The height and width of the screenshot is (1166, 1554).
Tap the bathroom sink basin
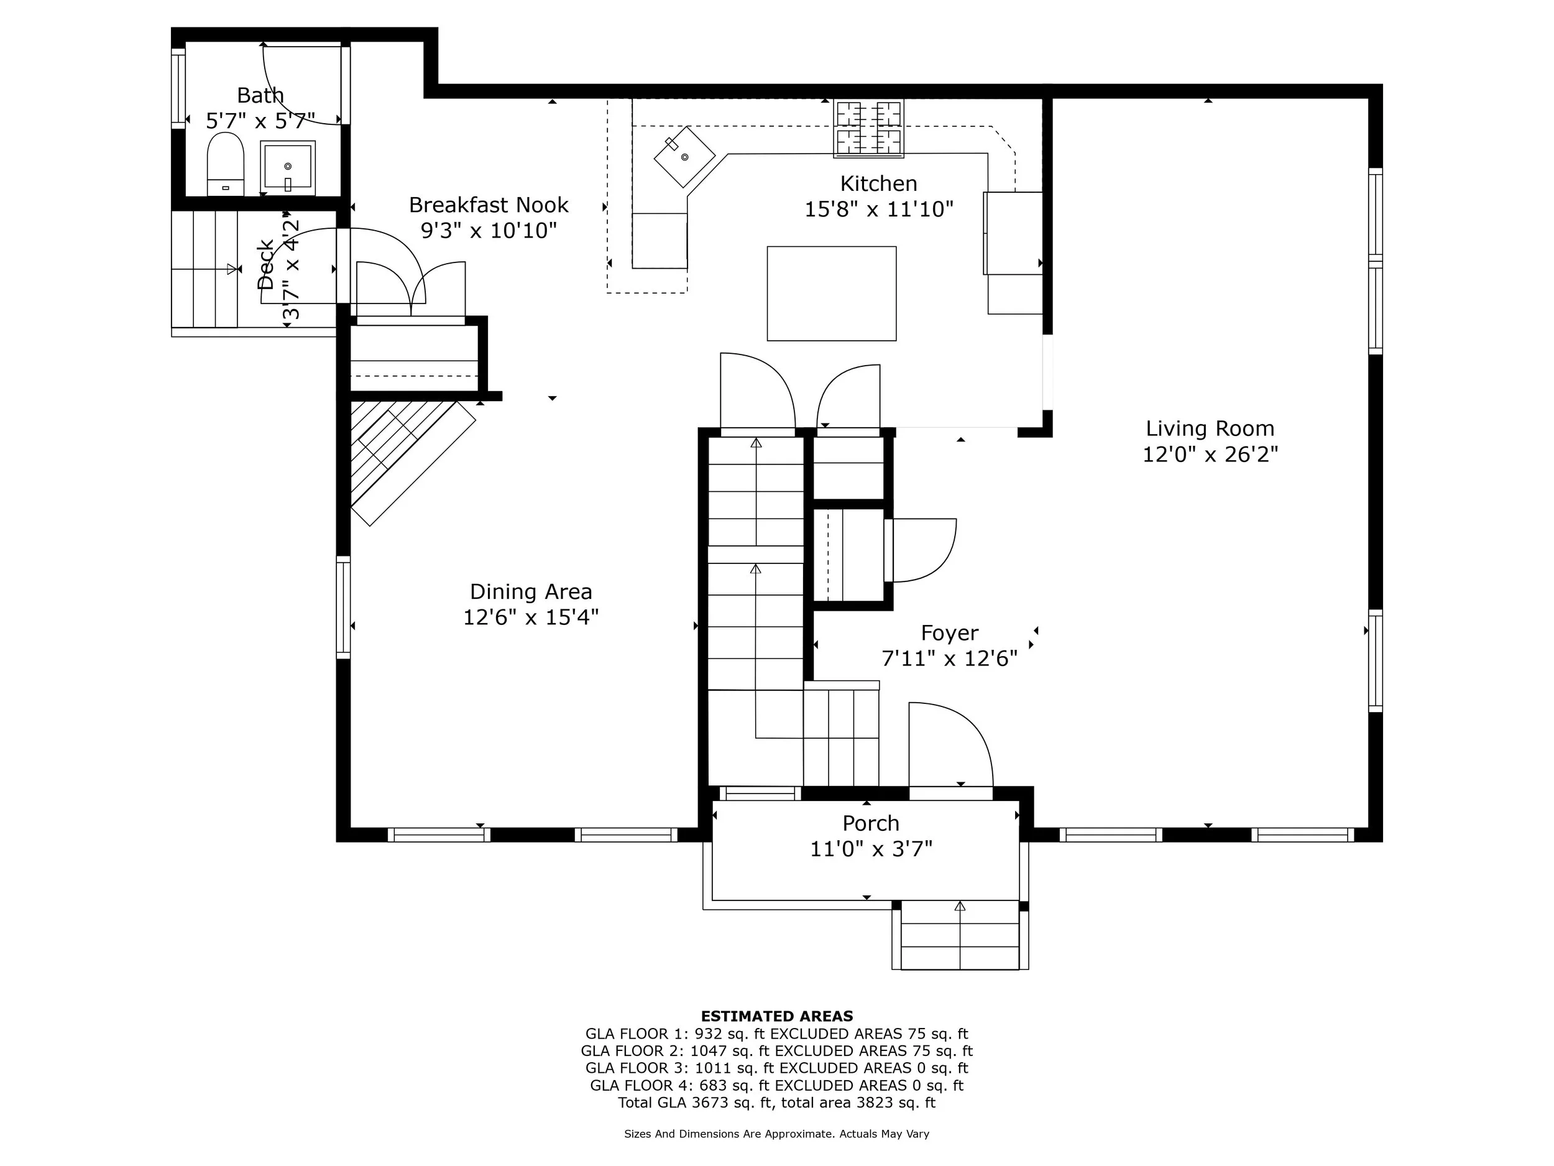click(x=287, y=167)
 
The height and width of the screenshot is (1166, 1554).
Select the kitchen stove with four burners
click(x=868, y=128)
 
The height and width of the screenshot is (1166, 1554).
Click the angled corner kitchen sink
click(x=684, y=156)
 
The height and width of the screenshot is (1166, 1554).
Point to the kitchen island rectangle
click(x=831, y=293)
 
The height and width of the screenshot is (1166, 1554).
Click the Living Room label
click(x=1210, y=428)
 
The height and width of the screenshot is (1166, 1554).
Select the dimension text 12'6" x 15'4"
click(x=530, y=617)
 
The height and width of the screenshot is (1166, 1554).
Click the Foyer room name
click(x=949, y=633)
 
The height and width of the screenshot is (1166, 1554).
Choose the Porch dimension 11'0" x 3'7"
click(x=871, y=849)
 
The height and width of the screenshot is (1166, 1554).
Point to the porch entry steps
click(x=960, y=935)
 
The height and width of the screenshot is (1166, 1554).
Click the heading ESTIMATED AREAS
click(x=777, y=1016)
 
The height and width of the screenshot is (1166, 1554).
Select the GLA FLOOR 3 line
click(x=777, y=1068)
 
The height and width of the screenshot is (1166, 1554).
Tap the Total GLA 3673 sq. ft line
click(x=777, y=1102)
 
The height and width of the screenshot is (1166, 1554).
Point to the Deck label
click(x=265, y=265)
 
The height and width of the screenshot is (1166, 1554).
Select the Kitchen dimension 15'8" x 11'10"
click(x=879, y=209)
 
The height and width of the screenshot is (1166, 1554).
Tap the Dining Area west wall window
click(x=344, y=607)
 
